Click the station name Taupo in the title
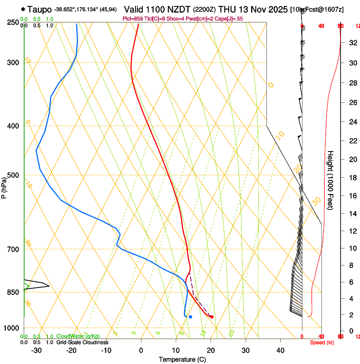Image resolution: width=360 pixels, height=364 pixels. [x=41, y=9]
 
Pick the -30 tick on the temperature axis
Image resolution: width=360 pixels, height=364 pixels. [x=36, y=350]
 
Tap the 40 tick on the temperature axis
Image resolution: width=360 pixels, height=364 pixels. [x=280, y=350]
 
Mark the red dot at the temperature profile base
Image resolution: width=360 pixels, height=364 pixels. [x=212, y=317]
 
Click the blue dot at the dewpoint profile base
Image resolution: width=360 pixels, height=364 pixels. [x=191, y=317]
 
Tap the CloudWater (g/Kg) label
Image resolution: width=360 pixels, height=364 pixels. [x=78, y=336]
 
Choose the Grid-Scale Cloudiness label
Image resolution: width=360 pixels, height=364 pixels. [x=82, y=342]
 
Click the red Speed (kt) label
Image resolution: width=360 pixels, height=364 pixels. [x=321, y=342]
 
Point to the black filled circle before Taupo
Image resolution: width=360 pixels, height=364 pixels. [x=23, y=9]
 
